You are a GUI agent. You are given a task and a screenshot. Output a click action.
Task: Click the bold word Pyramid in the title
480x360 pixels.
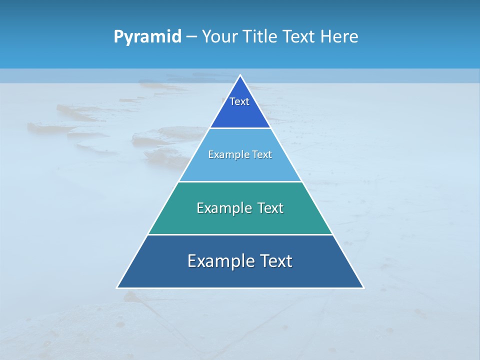[x=147, y=37]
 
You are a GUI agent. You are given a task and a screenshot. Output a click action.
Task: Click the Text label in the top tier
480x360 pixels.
[x=239, y=101]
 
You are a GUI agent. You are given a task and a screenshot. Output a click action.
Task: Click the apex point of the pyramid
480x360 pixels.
[x=240, y=75]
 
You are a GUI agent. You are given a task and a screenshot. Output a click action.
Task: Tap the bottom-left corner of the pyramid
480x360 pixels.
[x=117, y=287]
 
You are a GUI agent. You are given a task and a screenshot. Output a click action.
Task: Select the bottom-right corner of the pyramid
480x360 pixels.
[x=363, y=287]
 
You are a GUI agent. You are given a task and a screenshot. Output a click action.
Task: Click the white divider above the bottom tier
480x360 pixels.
[x=240, y=234]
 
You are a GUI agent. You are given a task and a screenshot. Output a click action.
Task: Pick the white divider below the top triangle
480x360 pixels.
[x=240, y=128]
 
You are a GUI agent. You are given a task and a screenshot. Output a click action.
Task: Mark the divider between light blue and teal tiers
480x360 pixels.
[x=240, y=181]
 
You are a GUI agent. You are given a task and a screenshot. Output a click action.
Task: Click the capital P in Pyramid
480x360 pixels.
[x=118, y=37]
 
